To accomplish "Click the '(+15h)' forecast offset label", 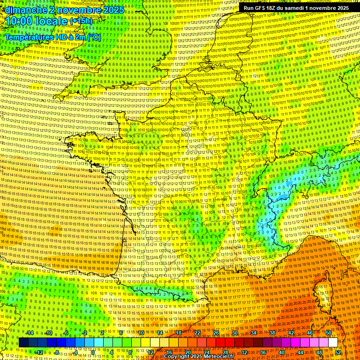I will click(x=81, y=22).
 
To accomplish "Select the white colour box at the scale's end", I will click(x=333, y=343).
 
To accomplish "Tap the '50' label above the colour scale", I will click(x=328, y=333).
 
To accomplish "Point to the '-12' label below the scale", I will click(x=38, y=352).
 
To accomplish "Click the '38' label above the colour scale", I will click(x=272, y=333).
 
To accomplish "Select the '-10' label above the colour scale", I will click(x=48, y=333).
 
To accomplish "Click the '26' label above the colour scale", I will click(x=216, y=333).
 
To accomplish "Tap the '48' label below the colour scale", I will click(x=319, y=352).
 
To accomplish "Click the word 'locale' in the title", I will click(x=53, y=22).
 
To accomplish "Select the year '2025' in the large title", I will click(x=113, y=10).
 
